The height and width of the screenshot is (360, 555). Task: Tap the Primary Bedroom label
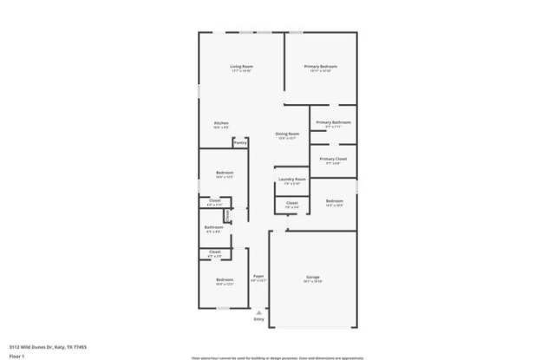click(320, 67)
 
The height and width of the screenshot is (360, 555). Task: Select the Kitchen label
click(221, 123)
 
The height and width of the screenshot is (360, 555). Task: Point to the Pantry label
click(239, 142)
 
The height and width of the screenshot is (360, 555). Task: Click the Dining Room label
click(287, 134)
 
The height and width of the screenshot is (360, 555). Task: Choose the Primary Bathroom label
click(333, 122)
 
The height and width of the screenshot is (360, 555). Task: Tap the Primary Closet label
click(333, 159)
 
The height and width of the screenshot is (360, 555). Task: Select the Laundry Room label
click(292, 180)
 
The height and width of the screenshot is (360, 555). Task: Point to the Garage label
click(312, 278)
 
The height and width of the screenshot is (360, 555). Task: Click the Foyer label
click(258, 276)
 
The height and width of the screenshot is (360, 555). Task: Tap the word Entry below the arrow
click(258, 319)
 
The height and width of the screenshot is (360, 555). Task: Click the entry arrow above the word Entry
click(258, 311)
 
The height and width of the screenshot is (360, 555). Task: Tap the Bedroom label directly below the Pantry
click(225, 173)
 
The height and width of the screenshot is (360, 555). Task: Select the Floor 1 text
click(16, 356)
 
